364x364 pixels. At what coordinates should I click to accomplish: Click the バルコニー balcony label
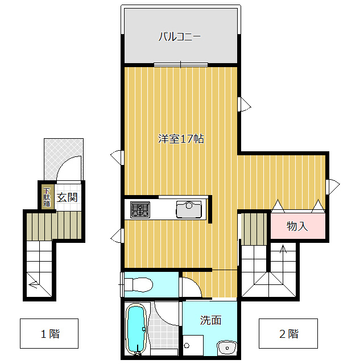(x=180, y=36)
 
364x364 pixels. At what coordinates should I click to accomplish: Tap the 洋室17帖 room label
(x=181, y=139)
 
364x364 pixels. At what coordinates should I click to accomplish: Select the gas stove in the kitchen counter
(x=140, y=210)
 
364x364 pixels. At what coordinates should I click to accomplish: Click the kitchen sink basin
(x=189, y=209)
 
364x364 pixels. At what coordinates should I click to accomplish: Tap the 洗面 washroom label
(x=210, y=320)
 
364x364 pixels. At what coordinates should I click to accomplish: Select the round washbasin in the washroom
(x=227, y=348)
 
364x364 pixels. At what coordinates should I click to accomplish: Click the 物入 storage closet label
(x=297, y=226)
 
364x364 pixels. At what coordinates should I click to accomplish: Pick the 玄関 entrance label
(x=67, y=197)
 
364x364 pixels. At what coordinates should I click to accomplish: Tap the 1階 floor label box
(x=49, y=334)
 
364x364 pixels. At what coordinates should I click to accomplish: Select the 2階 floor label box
(x=288, y=334)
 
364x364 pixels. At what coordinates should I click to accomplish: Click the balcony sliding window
(x=181, y=65)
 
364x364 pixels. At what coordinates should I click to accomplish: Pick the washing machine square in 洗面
(x=193, y=345)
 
